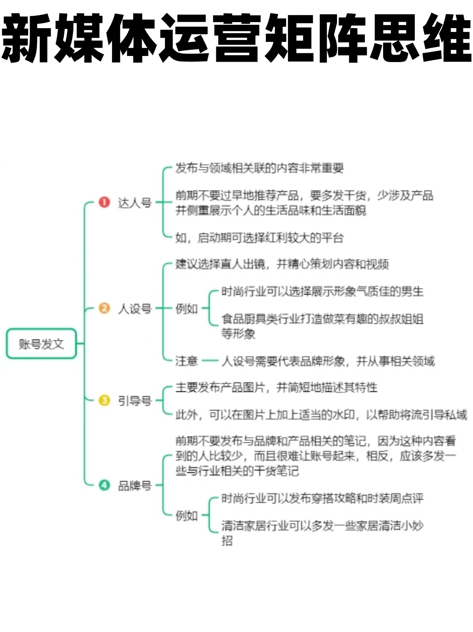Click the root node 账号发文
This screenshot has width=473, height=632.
coord(41,344)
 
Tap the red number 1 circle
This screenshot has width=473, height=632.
coord(104,202)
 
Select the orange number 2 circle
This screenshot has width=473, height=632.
coord(104,308)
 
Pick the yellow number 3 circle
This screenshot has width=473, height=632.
coord(104,400)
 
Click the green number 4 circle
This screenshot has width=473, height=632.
coord(104,485)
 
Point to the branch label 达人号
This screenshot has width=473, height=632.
coord(134,203)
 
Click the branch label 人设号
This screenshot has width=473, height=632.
coord(134,308)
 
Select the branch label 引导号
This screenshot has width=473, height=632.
coord(134,401)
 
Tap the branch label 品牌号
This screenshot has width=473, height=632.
coord(134,485)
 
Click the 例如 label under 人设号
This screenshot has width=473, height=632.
coord(186,308)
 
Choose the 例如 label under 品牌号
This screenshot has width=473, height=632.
coord(186,515)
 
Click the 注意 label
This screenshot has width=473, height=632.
coord(186,361)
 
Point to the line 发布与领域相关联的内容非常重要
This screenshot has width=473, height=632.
coord(259,168)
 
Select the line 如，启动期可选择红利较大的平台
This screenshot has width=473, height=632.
coord(259,238)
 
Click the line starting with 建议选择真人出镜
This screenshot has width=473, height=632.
coord(282,264)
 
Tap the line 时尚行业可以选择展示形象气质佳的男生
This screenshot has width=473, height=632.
coord(322,292)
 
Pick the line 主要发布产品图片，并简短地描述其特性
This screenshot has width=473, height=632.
coord(276,388)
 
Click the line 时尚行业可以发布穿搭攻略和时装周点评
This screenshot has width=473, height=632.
coord(322,498)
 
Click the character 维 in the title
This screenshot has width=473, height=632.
coord(446,38)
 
